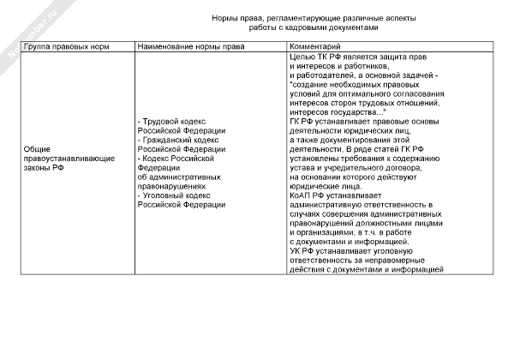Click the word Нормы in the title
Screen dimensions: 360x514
tap(225, 17)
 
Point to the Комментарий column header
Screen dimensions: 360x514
tap(316, 46)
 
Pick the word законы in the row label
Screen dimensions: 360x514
tap(39, 168)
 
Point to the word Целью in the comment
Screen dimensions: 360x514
tap(303, 56)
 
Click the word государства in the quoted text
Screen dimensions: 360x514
tap(351, 112)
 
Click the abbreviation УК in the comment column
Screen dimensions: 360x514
tap(296, 252)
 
